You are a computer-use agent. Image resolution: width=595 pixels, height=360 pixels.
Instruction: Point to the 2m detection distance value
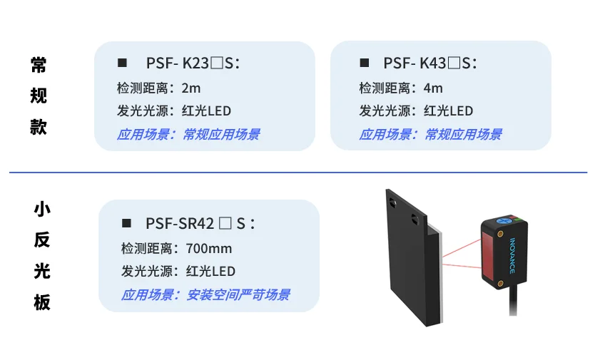click(x=191, y=88)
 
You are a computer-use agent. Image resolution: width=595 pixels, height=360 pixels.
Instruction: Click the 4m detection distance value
click(x=433, y=88)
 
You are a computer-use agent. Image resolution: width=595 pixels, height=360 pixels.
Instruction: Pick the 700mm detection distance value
click(x=209, y=249)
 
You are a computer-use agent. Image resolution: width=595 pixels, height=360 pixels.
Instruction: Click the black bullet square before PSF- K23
click(x=122, y=63)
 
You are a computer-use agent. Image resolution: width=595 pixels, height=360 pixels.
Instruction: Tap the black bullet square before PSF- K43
click(x=365, y=63)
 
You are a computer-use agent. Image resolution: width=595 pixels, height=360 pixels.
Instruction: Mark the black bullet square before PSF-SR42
click(x=126, y=223)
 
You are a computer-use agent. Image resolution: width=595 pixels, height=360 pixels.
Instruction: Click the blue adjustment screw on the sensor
click(x=504, y=220)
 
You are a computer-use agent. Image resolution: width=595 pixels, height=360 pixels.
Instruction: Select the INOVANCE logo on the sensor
click(x=512, y=255)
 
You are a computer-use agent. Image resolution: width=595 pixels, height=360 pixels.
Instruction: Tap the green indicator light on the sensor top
click(x=519, y=220)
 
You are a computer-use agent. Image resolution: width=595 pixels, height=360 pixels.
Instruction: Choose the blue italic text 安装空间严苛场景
click(x=238, y=294)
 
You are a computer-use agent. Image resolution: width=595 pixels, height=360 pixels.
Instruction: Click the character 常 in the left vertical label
click(x=39, y=65)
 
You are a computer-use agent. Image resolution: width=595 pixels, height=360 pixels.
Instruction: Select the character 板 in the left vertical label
click(x=42, y=302)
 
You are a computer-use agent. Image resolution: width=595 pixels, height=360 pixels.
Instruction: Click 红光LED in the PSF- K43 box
click(x=449, y=110)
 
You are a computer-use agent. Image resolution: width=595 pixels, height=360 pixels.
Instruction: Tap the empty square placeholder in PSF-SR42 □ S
click(x=225, y=223)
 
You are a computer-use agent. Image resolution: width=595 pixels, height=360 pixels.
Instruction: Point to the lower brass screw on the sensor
click(x=501, y=284)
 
